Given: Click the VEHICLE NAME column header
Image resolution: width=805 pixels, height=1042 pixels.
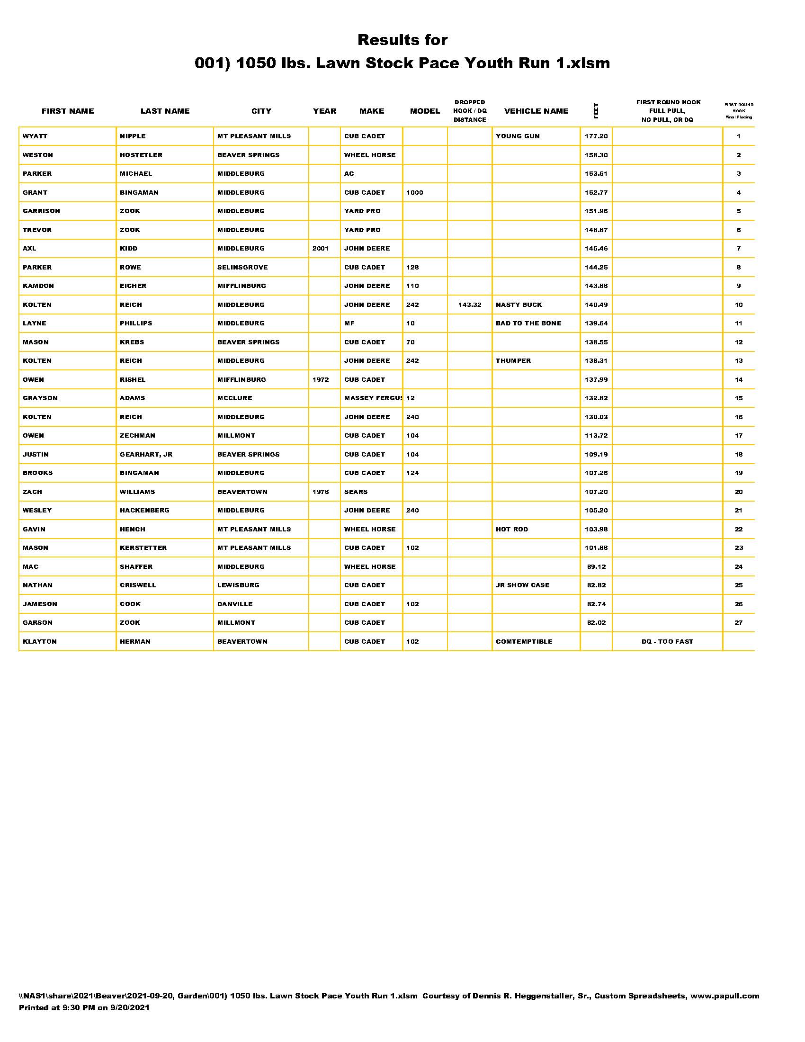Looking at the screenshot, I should coord(536,111).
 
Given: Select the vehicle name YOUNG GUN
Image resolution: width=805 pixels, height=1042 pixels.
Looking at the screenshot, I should coord(518,136).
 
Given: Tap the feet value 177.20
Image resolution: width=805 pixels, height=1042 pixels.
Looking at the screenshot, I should coord(596,136).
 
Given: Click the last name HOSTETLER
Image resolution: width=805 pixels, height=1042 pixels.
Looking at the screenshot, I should coord(141,155).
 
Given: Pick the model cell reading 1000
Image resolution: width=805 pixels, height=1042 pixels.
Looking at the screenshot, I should coord(414,193).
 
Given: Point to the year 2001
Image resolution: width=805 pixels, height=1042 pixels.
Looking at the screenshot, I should coord(321,249).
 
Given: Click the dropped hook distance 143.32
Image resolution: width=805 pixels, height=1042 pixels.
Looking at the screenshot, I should coord(470,305).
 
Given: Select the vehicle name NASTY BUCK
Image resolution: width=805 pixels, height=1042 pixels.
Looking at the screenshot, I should coord(519,305).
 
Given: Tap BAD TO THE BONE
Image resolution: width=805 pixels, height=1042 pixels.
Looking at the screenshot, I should coord(528,323).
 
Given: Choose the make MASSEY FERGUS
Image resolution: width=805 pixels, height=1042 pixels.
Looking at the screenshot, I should coord(373,398).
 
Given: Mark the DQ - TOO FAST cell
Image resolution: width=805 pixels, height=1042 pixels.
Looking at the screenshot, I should coord(667,642).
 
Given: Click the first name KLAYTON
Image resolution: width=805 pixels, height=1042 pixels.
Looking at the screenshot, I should coord(40,642).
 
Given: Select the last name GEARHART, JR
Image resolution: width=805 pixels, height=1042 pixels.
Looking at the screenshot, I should coord(146,455).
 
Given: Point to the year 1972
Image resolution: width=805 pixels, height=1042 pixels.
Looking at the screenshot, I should coord(321,380).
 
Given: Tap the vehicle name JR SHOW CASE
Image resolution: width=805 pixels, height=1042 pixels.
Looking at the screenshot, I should coord(522,585).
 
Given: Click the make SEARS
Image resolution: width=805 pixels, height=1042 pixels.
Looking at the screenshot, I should coord(356,492).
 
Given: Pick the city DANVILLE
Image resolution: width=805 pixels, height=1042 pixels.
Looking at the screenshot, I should coord(234,604).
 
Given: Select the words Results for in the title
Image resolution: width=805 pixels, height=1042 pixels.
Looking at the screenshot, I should coord(402,40).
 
